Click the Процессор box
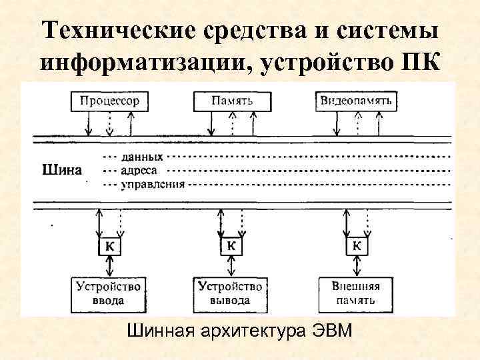pos(109,101)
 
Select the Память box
pos(231,101)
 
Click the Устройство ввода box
pos(108,293)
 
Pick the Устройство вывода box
pos(231,293)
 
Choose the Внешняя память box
pos(356,293)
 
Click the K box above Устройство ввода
pos(108,246)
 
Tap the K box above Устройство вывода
pos(231,246)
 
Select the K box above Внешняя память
pos(356,246)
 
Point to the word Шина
pos(62,169)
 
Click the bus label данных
pos(142,158)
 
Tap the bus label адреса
pos(139,171)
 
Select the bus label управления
pos(152,183)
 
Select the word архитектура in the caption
pos(253,331)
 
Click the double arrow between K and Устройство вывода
pos(231,265)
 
